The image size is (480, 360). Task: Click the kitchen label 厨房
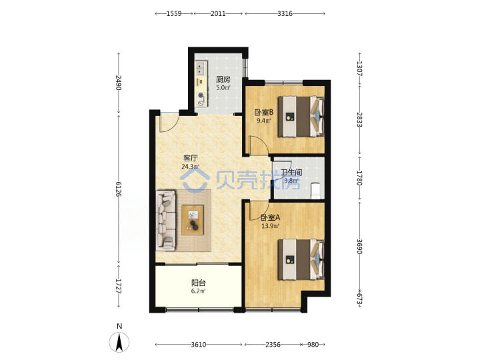223,79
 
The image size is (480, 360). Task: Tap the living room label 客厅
191,158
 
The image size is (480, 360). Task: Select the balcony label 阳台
199,283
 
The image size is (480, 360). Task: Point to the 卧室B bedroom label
264,113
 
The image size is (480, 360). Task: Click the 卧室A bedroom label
270,217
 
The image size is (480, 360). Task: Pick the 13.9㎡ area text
270,226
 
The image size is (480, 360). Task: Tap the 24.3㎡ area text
191,167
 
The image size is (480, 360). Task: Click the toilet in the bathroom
315,191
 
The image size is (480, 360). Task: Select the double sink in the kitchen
201,69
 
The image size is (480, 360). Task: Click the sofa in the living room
165,221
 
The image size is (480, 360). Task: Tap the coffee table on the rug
193,220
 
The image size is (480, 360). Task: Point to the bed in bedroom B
301,116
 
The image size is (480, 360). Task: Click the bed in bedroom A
301,259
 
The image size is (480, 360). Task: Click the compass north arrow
119,342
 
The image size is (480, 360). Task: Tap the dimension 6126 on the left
119,189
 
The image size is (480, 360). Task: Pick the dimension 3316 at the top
285,13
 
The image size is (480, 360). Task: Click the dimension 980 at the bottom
313,345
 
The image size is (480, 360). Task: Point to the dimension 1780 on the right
360,178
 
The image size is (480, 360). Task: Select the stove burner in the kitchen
201,95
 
